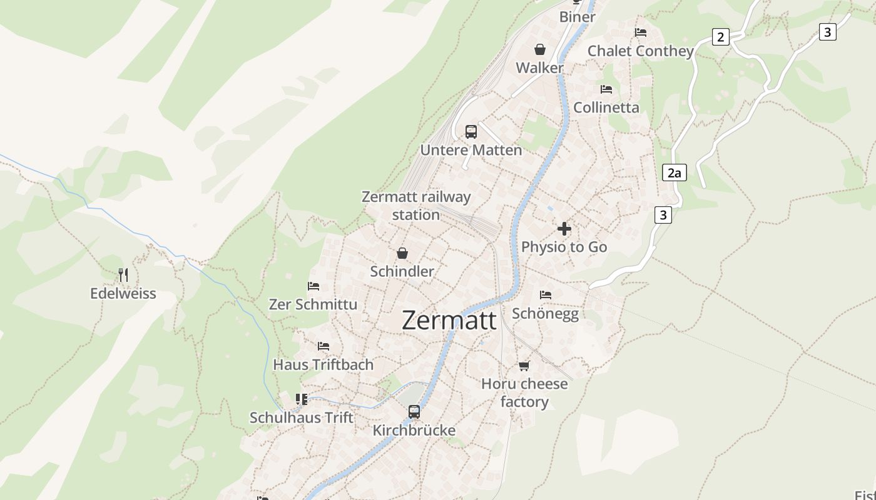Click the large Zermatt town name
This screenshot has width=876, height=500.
coord(449,320)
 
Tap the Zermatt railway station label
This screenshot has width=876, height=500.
coord(416,206)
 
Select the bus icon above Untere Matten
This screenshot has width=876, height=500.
coord(471,132)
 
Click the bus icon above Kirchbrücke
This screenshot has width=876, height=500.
coord(414,412)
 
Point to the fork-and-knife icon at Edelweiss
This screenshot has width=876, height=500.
coord(123,275)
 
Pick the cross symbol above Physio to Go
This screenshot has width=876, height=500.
coord(564,229)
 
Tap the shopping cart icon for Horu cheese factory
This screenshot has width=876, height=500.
coord(524,366)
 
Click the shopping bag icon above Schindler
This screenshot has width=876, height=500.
coord(402,253)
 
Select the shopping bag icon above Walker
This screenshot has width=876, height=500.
coord(540,49)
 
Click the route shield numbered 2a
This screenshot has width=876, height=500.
coord(674,172)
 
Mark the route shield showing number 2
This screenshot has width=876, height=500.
coord(721,37)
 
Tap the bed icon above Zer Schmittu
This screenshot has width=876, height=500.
coord(313,286)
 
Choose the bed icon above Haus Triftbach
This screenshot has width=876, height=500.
coord(323,346)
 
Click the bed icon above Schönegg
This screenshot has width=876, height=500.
coord(546,294)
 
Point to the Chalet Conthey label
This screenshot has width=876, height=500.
coord(641,51)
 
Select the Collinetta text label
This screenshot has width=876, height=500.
coord(606,107)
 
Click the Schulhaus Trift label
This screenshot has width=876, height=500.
coord(302,417)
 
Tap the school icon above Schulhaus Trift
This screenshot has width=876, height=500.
coord(302,399)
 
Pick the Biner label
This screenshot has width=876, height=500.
coord(577,17)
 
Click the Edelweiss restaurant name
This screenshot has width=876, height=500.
coord(123,294)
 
